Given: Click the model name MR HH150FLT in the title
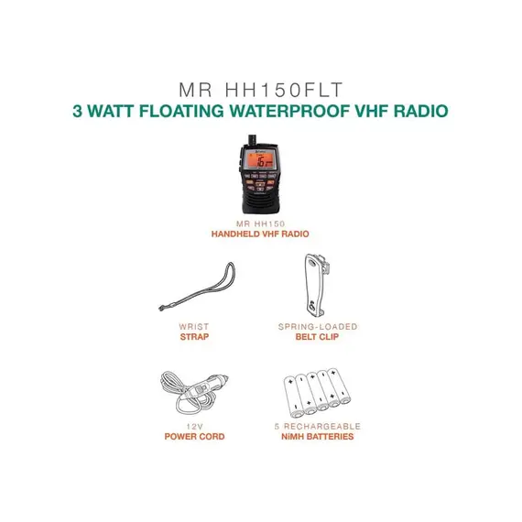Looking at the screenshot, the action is click(261, 90).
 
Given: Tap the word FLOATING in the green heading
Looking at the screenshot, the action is click(181, 111).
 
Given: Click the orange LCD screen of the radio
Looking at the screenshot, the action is click(261, 159).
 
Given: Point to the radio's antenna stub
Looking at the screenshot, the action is click(253, 139).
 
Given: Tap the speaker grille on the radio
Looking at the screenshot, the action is click(261, 202).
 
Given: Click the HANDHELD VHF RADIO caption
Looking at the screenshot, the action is click(260, 234).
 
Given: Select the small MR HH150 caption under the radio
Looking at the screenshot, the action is click(260, 223).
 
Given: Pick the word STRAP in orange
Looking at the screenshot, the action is click(194, 337).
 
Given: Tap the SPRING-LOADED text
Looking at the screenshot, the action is click(318, 327).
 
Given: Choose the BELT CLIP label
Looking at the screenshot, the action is click(317, 337).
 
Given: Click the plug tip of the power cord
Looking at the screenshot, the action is click(223, 378).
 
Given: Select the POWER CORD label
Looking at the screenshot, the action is click(194, 437).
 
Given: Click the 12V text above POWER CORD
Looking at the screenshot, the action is click(194, 427).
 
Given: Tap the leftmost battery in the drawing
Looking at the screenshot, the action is click(294, 397).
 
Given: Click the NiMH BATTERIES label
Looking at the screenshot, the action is click(317, 437).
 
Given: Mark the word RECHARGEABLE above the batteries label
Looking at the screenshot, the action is click(322, 427).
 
